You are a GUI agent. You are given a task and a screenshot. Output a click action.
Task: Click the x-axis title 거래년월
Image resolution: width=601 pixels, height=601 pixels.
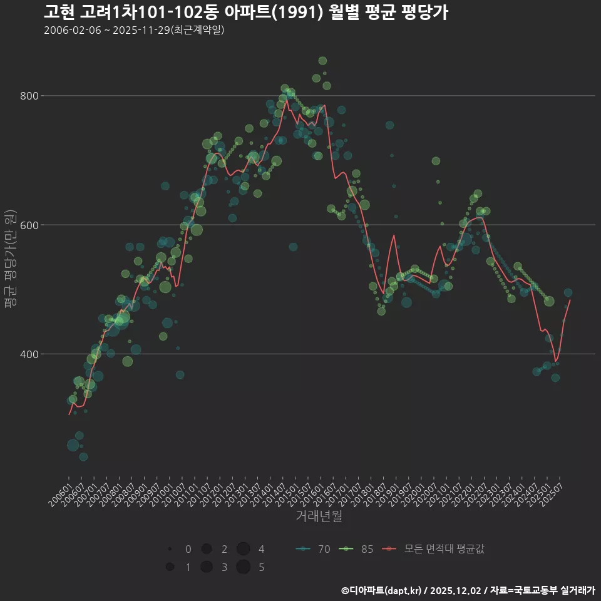[x=319, y=516]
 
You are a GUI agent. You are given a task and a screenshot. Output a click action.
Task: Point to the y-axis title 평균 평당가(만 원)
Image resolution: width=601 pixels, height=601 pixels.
[x=10, y=260]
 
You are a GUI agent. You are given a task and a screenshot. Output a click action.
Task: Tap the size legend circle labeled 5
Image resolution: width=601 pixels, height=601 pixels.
[x=244, y=567]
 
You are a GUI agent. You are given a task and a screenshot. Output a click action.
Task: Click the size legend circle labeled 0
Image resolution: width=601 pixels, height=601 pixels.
[x=170, y=549]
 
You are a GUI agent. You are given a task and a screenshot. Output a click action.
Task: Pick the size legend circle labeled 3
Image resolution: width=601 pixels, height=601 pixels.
[x=206, y=567]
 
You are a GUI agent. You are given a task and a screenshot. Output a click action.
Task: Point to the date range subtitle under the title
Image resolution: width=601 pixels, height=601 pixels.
[x=134, y=30]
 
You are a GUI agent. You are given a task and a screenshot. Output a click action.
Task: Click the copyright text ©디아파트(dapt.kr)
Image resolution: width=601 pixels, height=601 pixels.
[x=381, y=590]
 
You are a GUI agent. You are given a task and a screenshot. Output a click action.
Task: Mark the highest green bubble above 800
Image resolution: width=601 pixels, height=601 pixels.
[x=322, y=61]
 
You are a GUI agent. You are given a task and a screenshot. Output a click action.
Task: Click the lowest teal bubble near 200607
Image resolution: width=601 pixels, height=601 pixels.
[x=83, y=456]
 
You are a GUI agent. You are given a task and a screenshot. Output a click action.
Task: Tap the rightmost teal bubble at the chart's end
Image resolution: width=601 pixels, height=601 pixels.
[x=568, y=292]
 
